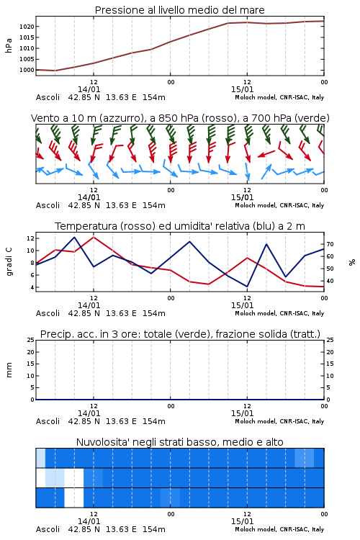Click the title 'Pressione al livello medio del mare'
click(x=179, y=10)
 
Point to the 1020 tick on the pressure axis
click(x=27, y=27)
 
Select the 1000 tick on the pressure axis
click(x=27, y=70)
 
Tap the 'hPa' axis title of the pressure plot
click(x=9, y=45)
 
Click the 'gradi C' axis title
click(x=9, y=261)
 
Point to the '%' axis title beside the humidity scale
click(x=352, y=262)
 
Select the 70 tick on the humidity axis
click(x=330, y=244)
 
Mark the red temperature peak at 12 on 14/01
click(x=94, y=237)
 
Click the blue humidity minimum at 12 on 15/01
click(x=247, y=287)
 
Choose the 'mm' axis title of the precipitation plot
click(x=9, y=370)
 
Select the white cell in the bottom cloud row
click(x=74, y=498)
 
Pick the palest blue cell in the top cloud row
click(x=40, y=458)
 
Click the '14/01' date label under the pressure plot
click(x=89, y=89)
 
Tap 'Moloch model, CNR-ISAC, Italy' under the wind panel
click(x=279, y=205)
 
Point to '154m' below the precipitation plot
click(x=153, y=421)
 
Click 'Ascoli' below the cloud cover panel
click(x=48, y=529)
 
